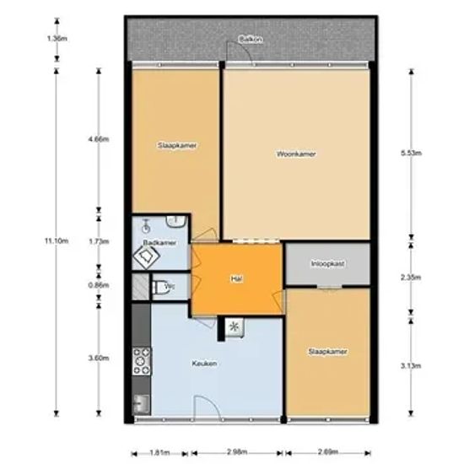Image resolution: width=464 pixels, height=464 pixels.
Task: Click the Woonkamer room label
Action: pyautogui.click(x=296, y=154)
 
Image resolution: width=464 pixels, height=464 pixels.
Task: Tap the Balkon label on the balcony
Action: pyautogui.click(x=251, y=40)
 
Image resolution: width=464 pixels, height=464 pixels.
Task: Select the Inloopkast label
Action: pyautogui.click(x=327, y=263)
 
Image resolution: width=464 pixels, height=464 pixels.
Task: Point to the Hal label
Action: pyautogui.click(x=237, y=278)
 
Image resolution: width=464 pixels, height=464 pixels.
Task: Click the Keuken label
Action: pyautogui.click(x=204, y=364)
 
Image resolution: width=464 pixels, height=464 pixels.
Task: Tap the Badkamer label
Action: pyautogui.click(x=159, y=243)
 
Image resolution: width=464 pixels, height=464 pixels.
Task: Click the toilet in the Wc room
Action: pyautogui.click(x=160, y=288)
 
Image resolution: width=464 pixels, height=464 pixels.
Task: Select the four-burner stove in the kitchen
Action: pyautogui.click(x=142, y=362)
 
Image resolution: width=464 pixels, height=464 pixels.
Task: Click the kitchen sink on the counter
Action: pyautogui.click(x=141, y=403)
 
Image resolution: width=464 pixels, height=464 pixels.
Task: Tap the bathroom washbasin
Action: pyautogui.click(x=175, y=221)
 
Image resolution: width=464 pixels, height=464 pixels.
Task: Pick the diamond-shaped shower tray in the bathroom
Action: pyautogui.click(x=146, y=256)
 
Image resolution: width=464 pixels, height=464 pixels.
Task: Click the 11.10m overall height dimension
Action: pyautogui.click(x=57, y=241)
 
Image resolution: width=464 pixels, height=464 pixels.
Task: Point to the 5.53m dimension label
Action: pyautogui.click(x=412, y=153)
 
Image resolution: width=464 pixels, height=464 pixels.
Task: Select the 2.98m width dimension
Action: pyautogui.click(x=237, y=452)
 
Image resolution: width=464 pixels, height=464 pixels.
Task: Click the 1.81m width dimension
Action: pyautogui.click(x=159, y=453)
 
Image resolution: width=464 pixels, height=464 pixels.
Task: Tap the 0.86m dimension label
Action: pyautogui.click(x=100, y=285)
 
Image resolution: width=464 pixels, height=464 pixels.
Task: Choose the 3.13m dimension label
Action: pyautogui.click(x=411, y=366)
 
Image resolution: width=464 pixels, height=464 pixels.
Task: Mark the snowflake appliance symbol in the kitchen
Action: pyautogui.click(x=235, y=327)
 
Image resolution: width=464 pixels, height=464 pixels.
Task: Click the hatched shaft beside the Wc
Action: pyautogui.click(x=140, y=287)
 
